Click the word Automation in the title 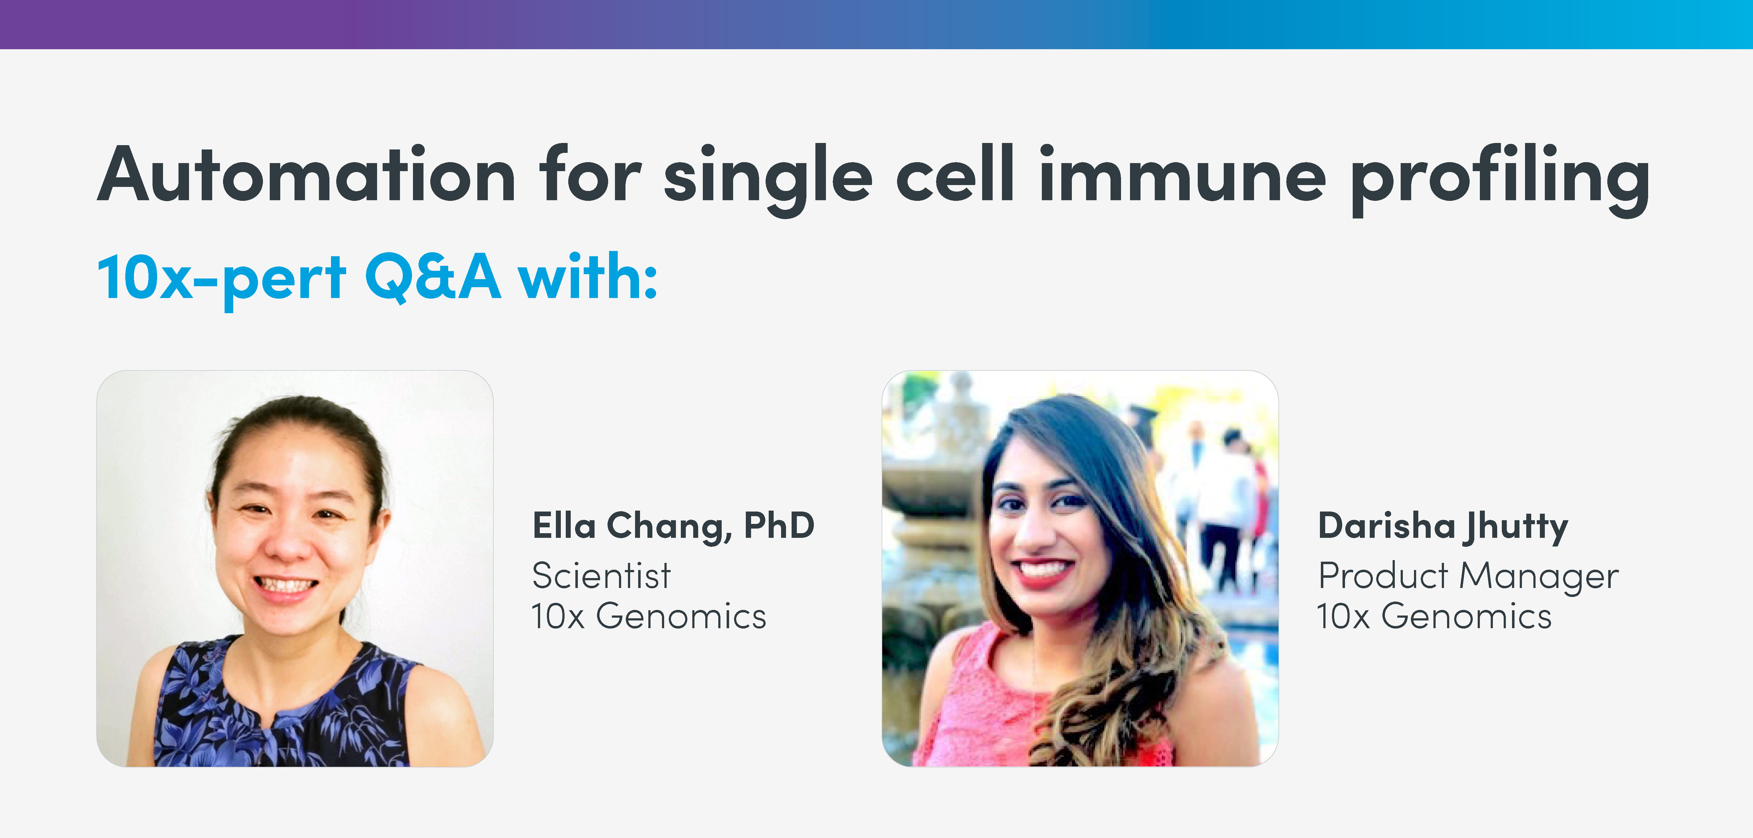point(306,176)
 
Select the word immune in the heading point(1182,176)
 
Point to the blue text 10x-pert point(222,278)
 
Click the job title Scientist point(602,576)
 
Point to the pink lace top point(987,708)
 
